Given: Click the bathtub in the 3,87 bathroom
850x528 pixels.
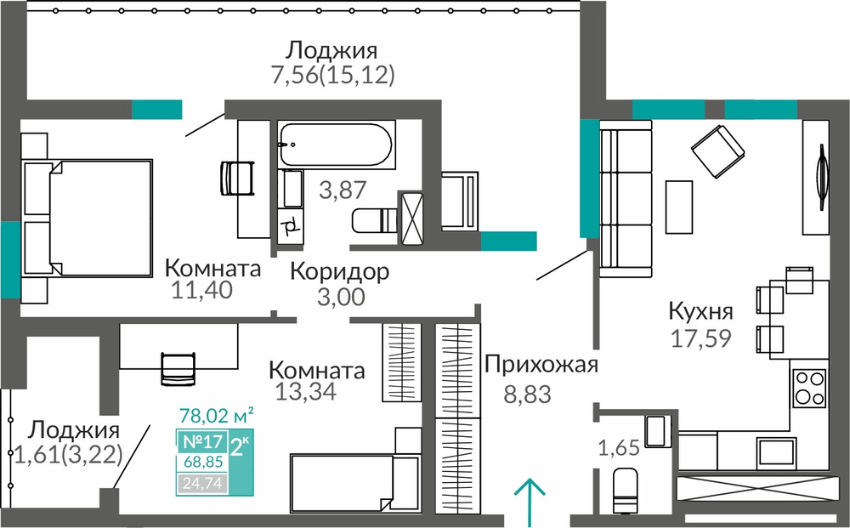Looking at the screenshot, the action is point(336,144).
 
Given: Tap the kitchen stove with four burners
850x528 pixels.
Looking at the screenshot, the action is point(809,389).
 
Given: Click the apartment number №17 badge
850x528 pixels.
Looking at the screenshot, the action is point(202,441).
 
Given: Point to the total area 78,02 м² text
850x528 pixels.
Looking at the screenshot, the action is point(216,417).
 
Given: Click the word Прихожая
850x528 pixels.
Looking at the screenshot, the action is point(541,365).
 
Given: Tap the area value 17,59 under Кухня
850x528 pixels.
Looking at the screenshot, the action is point(701,338).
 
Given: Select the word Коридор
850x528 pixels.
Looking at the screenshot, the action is point(339,271).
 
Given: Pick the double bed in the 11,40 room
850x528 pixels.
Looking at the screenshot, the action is point(87,219).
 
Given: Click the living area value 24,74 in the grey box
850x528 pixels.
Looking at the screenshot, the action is point(202,483).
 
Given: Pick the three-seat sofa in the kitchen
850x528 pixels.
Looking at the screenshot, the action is point(626,199).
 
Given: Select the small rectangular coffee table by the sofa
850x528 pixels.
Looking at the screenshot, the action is point(678,200).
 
